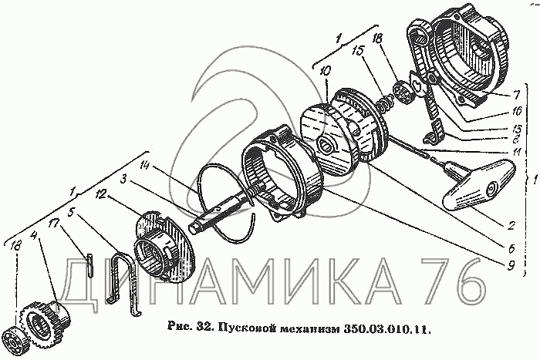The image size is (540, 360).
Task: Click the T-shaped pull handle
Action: click(x=479, y=184)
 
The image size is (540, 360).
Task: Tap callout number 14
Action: click(x=145, y=167)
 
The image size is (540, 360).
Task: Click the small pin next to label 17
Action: click(x=90, y=265)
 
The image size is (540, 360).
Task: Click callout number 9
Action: click(x=511, y=265)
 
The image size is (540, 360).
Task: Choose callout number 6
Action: click(x=511, y=248)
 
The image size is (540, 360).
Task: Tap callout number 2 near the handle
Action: click(x=511, y=226)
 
